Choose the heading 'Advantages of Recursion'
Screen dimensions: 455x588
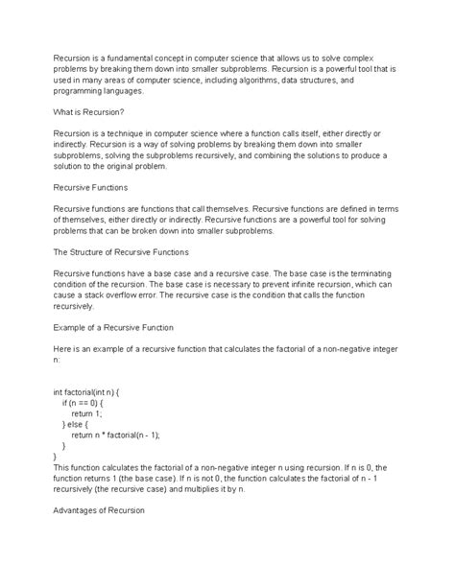[99, 511]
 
